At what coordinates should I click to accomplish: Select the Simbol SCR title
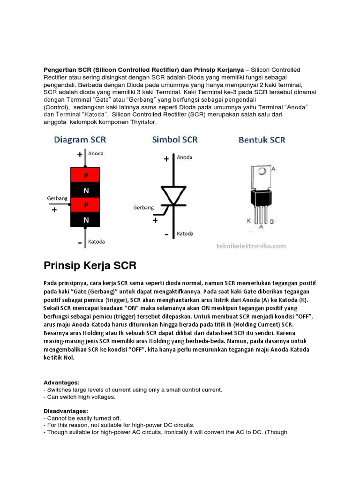click(x=174, y=139)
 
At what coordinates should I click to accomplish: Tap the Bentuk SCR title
click(x=262, y=139)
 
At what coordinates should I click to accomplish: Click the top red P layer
click(x=85, y=176)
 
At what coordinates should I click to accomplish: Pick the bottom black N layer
click(x=85, y=219)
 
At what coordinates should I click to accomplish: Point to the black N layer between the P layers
click(x=85, y=190)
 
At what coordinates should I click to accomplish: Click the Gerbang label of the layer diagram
click(x=57, y=198)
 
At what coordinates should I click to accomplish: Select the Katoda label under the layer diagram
click(x=97, y=242)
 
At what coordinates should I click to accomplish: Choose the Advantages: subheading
click(x=61, y=382)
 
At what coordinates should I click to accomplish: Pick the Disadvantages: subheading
click(x=66, y=411)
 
